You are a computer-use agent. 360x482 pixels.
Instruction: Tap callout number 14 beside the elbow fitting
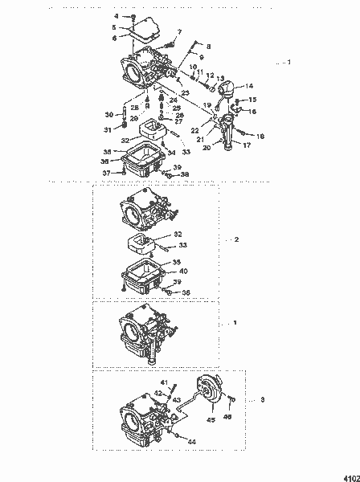coord(249,85)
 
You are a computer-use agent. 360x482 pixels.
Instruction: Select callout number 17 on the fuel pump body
coord(247,146)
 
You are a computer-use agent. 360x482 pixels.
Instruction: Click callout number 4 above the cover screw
coord(116,16)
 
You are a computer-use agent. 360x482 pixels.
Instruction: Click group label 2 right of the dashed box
coord(235,239)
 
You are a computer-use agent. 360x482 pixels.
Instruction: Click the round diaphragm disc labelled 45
coord(213,397)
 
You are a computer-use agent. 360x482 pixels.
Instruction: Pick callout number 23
coord(185,93)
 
